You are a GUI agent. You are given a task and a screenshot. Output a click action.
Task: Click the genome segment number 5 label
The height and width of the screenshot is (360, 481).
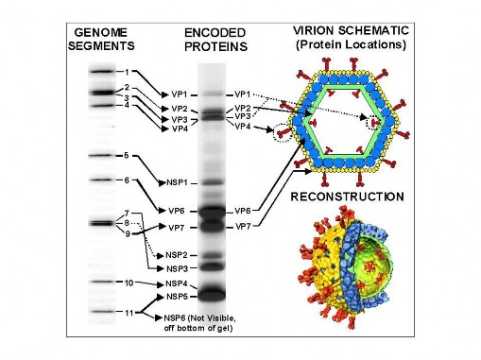click(x=127, y=155)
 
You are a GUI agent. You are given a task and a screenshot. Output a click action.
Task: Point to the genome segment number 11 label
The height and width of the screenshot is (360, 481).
click(x=129, y=311)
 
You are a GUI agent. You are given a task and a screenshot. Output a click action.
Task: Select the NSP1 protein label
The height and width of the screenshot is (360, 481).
click(x=178, y=181)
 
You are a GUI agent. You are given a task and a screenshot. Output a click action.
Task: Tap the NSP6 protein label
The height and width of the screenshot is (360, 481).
click(x=178, y=317)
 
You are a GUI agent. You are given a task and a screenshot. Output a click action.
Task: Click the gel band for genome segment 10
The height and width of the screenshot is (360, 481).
click(x=99, y=283)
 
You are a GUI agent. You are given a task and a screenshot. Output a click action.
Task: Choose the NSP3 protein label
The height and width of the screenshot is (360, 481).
click(x=178, y=268)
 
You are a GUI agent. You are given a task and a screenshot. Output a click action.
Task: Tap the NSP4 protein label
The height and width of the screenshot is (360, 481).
click(x=178, y=283)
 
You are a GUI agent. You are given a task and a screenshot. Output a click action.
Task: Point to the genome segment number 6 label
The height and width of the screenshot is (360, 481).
click(x=127, y=180)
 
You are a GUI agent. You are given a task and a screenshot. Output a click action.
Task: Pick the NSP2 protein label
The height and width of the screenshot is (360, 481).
click(x=178, y=255)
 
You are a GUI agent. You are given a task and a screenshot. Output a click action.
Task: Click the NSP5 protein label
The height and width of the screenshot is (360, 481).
click(x=178, y=296)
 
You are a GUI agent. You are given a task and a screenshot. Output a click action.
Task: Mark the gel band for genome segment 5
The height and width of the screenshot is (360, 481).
click(x=99, y=155)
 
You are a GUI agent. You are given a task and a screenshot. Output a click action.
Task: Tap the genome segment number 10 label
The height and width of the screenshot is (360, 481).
click(x=129, y=283)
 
